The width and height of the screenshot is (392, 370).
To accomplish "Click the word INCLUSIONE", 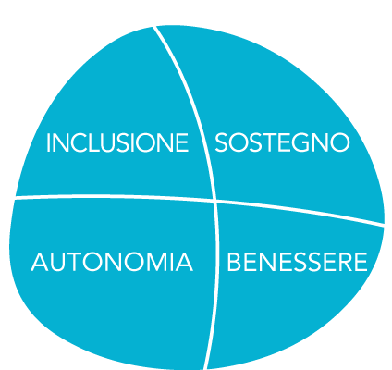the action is (117, 142).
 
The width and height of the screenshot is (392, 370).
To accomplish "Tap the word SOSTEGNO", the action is (282, 142).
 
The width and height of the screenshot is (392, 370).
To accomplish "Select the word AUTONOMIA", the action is (112, 262).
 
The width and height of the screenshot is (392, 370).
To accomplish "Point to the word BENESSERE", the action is (297, 262).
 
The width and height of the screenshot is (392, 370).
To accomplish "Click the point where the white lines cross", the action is (214, 201).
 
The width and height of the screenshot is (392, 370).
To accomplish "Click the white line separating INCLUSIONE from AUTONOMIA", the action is (114, 197).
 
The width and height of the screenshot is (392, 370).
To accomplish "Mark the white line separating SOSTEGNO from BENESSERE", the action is (300, 212).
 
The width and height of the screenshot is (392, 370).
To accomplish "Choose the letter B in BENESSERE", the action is (234, 262).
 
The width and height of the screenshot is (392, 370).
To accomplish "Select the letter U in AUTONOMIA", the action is (57, 263).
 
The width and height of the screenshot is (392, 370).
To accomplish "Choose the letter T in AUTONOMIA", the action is (74, 262).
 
